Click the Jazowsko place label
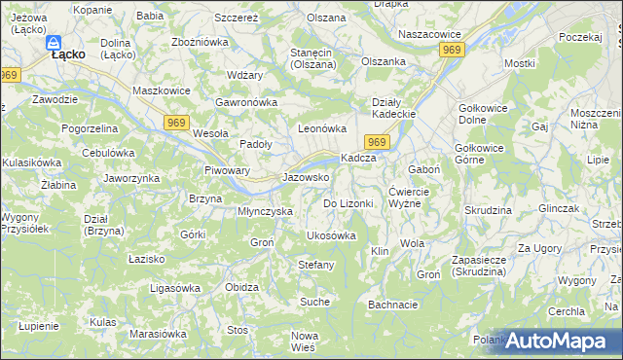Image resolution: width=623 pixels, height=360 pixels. (305, 178)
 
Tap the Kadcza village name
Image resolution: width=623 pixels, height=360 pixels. (357, 159)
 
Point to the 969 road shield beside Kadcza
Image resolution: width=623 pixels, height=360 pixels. (379, 143)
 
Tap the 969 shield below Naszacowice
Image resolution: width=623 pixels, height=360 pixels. (451, 49)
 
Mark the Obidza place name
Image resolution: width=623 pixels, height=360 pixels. (241, 288)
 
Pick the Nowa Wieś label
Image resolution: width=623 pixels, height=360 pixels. (305, 342)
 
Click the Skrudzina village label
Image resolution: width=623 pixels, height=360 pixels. (488, 210)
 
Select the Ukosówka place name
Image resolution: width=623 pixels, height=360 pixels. (331, 235)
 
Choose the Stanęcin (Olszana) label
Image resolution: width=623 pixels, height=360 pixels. (313, 57)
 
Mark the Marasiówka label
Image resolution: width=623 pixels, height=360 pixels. (158, 334)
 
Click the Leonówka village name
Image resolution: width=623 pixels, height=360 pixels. (322, 128)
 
